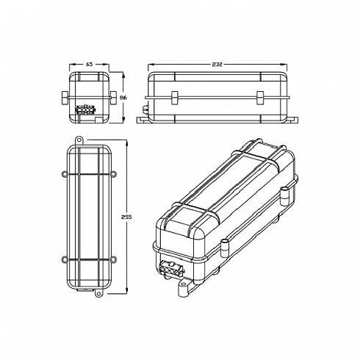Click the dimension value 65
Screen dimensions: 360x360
[90, 65]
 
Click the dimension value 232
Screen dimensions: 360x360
[218, 65]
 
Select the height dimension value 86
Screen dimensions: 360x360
[124, 96]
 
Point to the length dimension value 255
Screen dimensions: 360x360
[126, 219]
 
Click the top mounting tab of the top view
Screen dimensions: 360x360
[79, 138]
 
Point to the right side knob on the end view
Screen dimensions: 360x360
[114, 96]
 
